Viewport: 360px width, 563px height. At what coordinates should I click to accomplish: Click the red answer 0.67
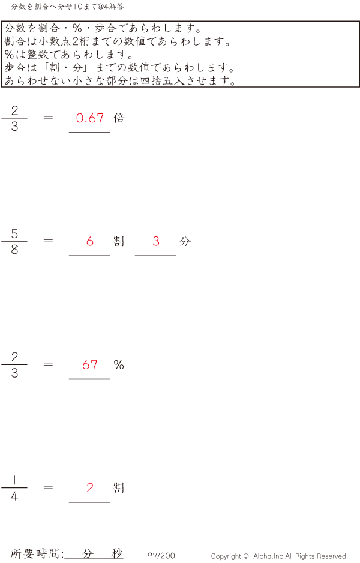pos(90,118)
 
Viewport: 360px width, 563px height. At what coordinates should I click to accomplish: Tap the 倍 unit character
pos(119,118)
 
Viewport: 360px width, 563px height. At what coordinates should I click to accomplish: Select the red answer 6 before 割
pos(90,241)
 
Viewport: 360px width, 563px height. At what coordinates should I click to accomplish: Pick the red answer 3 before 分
pos(156,241)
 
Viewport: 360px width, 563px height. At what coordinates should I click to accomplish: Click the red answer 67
pos(90,364)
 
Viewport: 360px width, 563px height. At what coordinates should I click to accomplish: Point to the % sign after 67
pos(119,364)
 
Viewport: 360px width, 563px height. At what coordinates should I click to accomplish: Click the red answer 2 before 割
pos(90,487)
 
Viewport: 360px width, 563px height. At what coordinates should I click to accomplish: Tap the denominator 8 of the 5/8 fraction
pos(14,250)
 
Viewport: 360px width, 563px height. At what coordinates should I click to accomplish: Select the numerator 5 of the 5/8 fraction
pos(14,233)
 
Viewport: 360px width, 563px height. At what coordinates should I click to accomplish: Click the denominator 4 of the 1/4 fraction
pos(14,496)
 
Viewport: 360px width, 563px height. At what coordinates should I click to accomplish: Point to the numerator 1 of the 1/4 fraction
pos(14,480)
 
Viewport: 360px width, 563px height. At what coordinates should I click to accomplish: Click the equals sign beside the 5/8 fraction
pos(49,241)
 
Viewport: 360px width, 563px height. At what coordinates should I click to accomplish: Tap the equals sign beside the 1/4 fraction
pos(49,487)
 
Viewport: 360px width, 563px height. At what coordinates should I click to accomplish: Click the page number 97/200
pos(161,556)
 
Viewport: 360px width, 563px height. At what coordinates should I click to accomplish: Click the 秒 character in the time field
pos(116,554)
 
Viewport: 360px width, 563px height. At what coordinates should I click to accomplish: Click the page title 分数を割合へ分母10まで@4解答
pos(67,7)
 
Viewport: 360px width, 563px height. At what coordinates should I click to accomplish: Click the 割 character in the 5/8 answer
pos(119,241)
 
